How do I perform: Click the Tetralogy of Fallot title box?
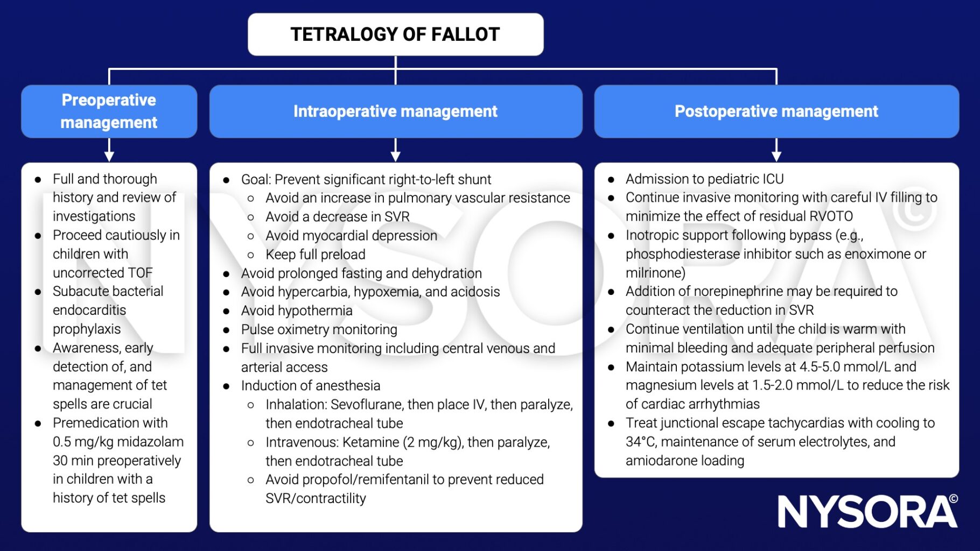coord(395,34)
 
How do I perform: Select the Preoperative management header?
coord(109,111)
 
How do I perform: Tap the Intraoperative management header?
coord(396,111)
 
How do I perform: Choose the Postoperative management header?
coord(776,111)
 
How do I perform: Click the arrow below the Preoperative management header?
coord(109,150)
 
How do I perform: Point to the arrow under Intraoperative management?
coord(396,150)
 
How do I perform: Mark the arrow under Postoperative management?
coord(776,150)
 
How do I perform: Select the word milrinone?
coord(653,273)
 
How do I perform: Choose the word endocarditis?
coord(89,310)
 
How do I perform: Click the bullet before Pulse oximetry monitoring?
coord(226,330)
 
